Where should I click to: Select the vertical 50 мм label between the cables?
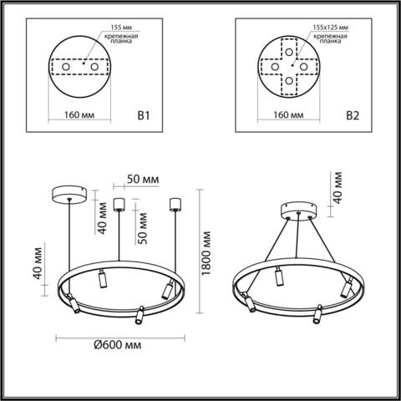pos(144,226)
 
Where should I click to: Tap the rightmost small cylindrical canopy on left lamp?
pos(175,202)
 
